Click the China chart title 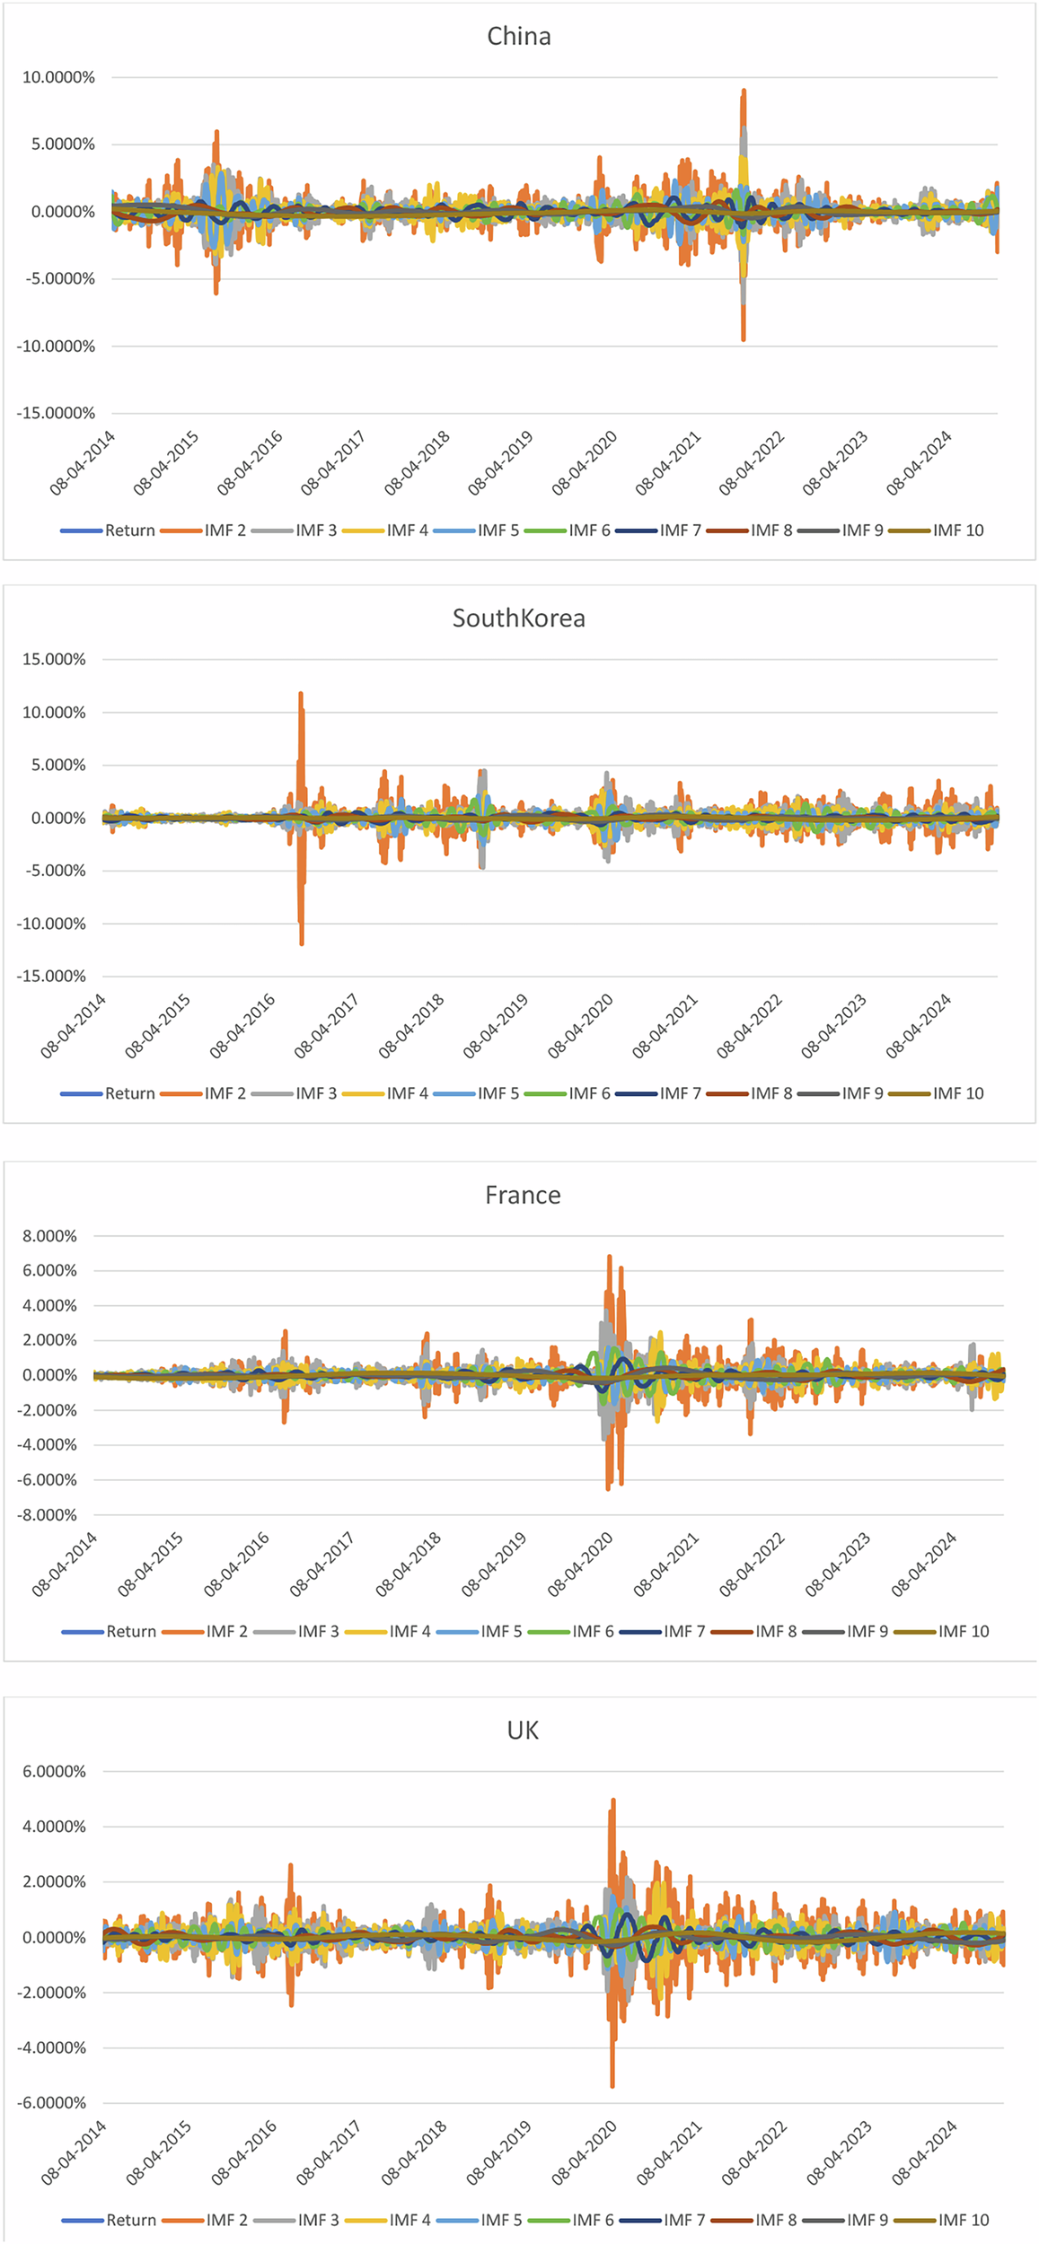pyautogui.click(x=518, y=37)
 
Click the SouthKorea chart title pyautogui.click(x=518, y=618)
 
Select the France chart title pyautogui.click(x=523, y=1196)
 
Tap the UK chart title pyautogui.click(x=523, y=1731)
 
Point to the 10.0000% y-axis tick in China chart pyautogui.click(x=58, y=78)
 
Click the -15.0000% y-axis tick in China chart pyautogui.click(x=56, y=414)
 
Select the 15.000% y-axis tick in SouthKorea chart pyautogui.click(x=54, y=660)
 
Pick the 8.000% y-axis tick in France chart pyautogui.click(x=50, y=1237)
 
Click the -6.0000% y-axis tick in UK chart pyautogui.click(x=51, y=2103)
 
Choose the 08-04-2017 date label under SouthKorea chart pyautogui.click(x=328, y=1026)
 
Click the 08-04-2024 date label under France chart pyautogui.click(x=925, y=1565)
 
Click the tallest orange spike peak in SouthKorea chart pyautogui.click(x=301, y=694)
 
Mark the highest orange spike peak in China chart pyautogui.click(x=744, y=91)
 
